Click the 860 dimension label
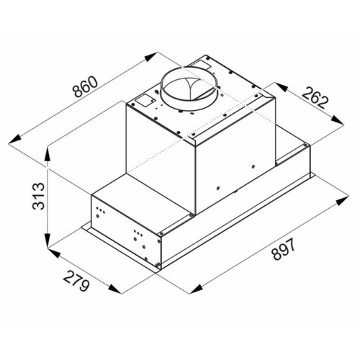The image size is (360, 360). (x=86, y=87)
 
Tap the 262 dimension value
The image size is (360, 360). (x=315, y=99)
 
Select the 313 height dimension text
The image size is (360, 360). (x=38, y=197)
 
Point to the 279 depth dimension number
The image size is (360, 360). (x=76, y=281)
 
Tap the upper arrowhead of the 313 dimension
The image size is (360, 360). (x=48, y=155)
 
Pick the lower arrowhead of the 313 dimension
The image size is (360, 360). (x=48, y=240)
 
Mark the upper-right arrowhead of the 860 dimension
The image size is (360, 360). (x=150, y=58)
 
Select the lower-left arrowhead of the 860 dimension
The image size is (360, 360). (x=15, y=140)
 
